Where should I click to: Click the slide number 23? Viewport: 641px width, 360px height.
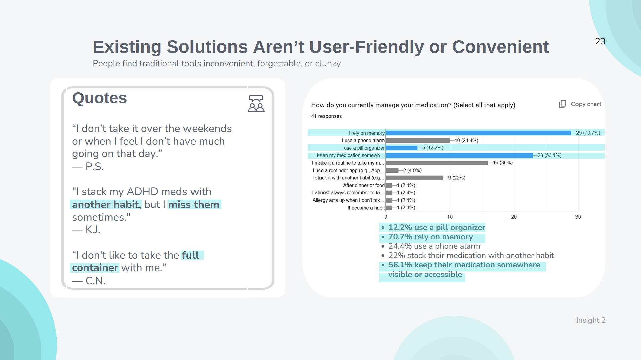tap(600, 41)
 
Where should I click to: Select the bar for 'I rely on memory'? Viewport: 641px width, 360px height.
tap(478, 133)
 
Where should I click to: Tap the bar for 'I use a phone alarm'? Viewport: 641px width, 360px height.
tap(417, 140)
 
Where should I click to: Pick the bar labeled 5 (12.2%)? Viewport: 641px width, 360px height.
tap(401, 148)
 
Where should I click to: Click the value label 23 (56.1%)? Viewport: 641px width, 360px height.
tap(549, 155)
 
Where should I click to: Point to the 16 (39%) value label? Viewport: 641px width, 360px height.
tap(503, 163)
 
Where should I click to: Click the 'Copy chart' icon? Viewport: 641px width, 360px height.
tap(563, 104)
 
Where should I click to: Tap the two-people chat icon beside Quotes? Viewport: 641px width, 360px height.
tap(256, 104)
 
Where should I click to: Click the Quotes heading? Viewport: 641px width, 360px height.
tap(100, 98)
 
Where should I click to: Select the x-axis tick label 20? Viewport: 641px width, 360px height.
tap(514, 217)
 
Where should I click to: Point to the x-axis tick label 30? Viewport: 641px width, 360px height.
tap(578, 217)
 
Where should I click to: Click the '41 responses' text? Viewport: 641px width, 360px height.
tap(327, 116)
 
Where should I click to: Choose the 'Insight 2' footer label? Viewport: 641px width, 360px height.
tap(591, 320)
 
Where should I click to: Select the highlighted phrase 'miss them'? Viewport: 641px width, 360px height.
tap(194, 204)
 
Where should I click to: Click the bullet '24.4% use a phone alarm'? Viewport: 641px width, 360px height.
tap(434, 246)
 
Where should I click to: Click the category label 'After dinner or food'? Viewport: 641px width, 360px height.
tap(364, 185)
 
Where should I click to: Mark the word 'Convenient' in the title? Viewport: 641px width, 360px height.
tap(500, 47)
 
